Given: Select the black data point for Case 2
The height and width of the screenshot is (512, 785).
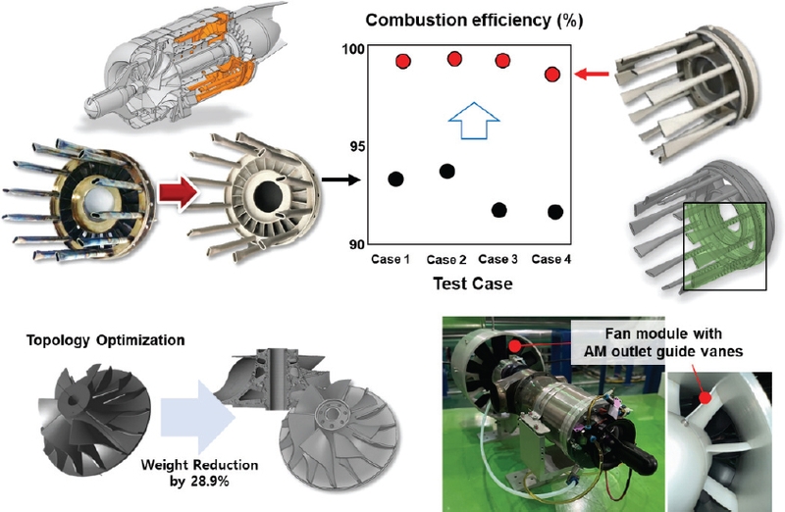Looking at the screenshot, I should click(x=446, y=171).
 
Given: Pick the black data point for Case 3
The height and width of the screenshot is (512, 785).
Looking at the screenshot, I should click(x=498, y=210).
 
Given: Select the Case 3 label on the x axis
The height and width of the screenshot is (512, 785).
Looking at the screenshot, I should click(x=500, y=260).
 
